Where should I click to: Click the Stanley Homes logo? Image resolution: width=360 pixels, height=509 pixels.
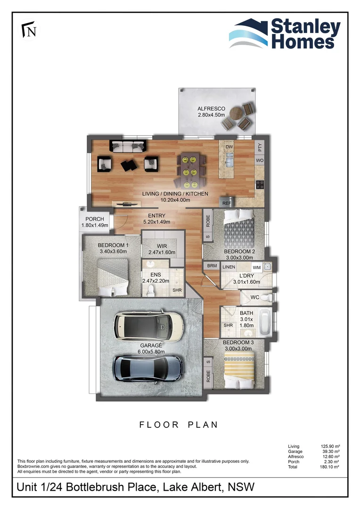pyautogui.click(x=285, y=33)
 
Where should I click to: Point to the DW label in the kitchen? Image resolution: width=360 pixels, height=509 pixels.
pyautogui.click(x=229, y=147)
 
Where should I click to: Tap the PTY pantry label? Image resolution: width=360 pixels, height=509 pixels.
pyautogui.click(x=260, y=147)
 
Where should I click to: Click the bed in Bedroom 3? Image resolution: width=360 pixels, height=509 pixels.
pyautogui.click(x=239, y=369)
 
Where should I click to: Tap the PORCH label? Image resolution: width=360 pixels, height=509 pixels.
pyautogui.click(x=94, y=219)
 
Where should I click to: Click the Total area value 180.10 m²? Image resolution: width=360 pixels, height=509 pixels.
pyautogui.click(x=330, y=467)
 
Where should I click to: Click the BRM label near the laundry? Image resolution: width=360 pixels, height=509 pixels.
pyautogui.click(x=212, y=266)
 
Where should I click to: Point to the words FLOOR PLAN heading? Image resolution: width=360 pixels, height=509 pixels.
pyautogui.click(x=179, y=425)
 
